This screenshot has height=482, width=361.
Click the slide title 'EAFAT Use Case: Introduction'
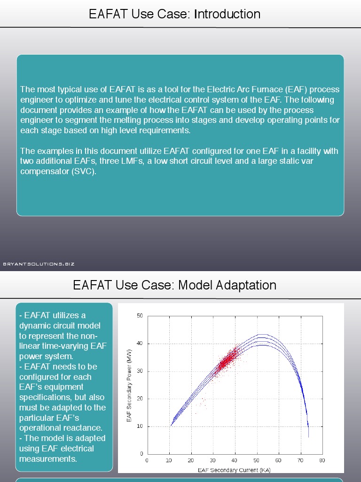point(174,14)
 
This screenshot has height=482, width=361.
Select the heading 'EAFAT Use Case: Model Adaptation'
point(174,285)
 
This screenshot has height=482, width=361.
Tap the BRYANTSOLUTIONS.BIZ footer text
point(39,264)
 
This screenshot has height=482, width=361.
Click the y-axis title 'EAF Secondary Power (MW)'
point(130,385)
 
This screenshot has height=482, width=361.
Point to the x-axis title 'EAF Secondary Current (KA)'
point(234,470)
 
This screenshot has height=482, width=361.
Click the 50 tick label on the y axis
point(140,316)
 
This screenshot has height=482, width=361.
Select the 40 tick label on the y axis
point(140,344)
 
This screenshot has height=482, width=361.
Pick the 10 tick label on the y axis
point(140,426)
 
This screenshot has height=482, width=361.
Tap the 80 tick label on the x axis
point(322,460)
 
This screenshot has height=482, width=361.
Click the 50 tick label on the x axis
point(256,460)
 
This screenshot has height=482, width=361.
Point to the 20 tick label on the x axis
point(191,460)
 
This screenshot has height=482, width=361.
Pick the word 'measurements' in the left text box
point(48,459)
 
